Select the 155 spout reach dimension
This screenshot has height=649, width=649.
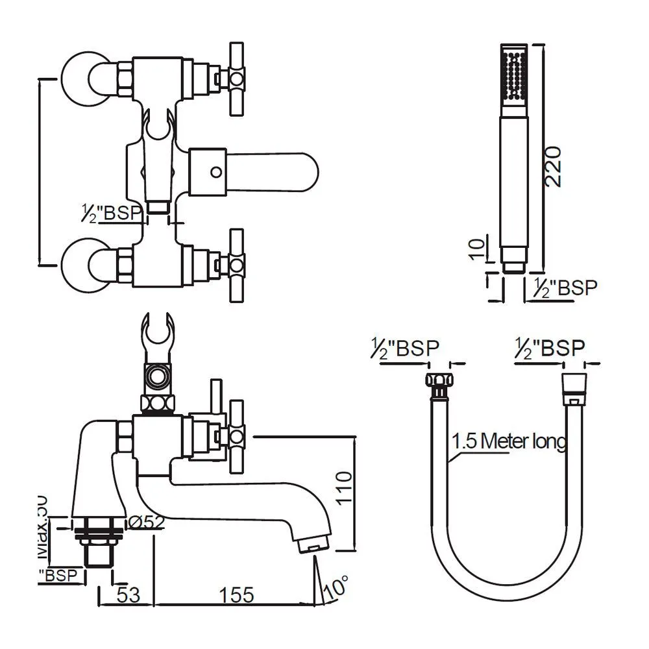[x=233, y=595]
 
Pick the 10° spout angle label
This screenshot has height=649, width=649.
[x=336, y=588]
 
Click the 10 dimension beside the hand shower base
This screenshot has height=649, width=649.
[x=476, y=249]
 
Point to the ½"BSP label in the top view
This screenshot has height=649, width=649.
[x=111, y=214]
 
